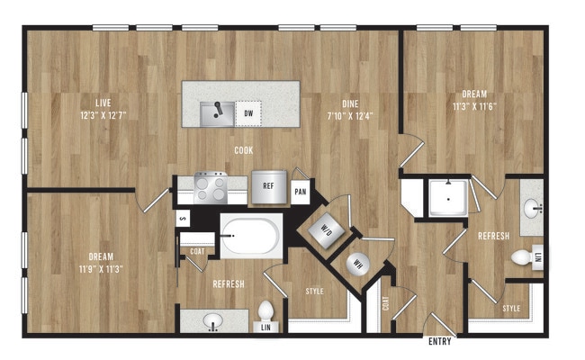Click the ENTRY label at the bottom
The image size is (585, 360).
tap(439, 342)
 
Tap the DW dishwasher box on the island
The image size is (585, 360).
tap(248, 113)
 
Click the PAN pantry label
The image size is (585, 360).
tap(301, 192)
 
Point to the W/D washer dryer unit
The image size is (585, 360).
tap(324, 230)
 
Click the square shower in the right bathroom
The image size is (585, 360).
tap(446, 198)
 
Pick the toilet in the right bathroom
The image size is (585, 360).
tap(522, 258)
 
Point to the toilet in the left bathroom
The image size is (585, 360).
tap(265, 311)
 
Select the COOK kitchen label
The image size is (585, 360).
tap(243, 151)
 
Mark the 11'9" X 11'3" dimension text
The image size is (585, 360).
tap(100, 267)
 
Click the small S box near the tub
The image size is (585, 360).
tap(182, 217)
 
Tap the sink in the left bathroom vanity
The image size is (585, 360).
tap(214, 320)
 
